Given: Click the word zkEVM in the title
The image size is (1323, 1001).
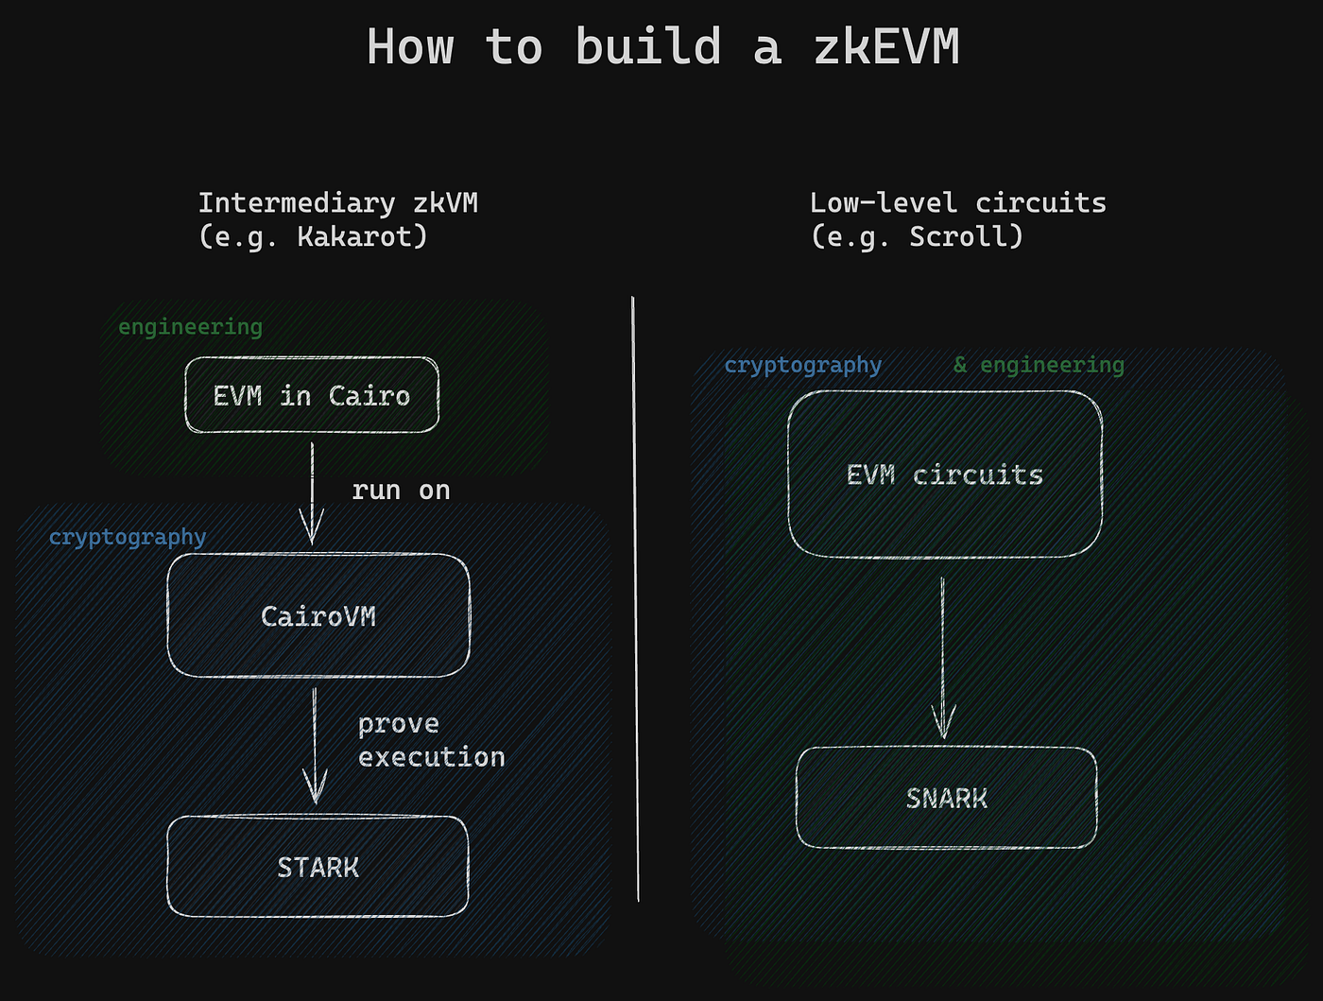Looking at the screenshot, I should tap(885, 47).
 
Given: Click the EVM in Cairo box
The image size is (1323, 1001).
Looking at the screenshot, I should tap(312, 395).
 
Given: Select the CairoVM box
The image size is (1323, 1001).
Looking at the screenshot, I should tap(318, 616).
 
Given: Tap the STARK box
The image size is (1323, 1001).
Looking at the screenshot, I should tap(318, 867).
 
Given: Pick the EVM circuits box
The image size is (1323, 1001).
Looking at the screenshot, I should tap(945, 475).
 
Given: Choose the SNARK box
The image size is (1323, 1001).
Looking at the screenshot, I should tap(946, 799).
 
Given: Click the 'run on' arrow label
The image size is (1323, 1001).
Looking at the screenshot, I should tap(401, 490).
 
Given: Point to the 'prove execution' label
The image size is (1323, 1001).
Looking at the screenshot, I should tap(431, 740).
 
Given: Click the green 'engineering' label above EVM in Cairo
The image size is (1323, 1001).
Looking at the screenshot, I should tap(190, 327).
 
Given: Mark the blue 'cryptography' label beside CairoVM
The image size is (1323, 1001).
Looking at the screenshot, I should tap(128, 537).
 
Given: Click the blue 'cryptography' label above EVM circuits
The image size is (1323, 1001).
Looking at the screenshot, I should tap(802, 365).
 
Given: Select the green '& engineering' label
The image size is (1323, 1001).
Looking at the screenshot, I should tap(1039, 365).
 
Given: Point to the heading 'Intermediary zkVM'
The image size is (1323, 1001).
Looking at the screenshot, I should tap(337, 203).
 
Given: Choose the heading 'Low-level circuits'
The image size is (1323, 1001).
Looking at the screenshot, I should tap(957, 203).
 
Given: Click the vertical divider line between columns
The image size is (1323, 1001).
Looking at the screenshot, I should tap(635, 595).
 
